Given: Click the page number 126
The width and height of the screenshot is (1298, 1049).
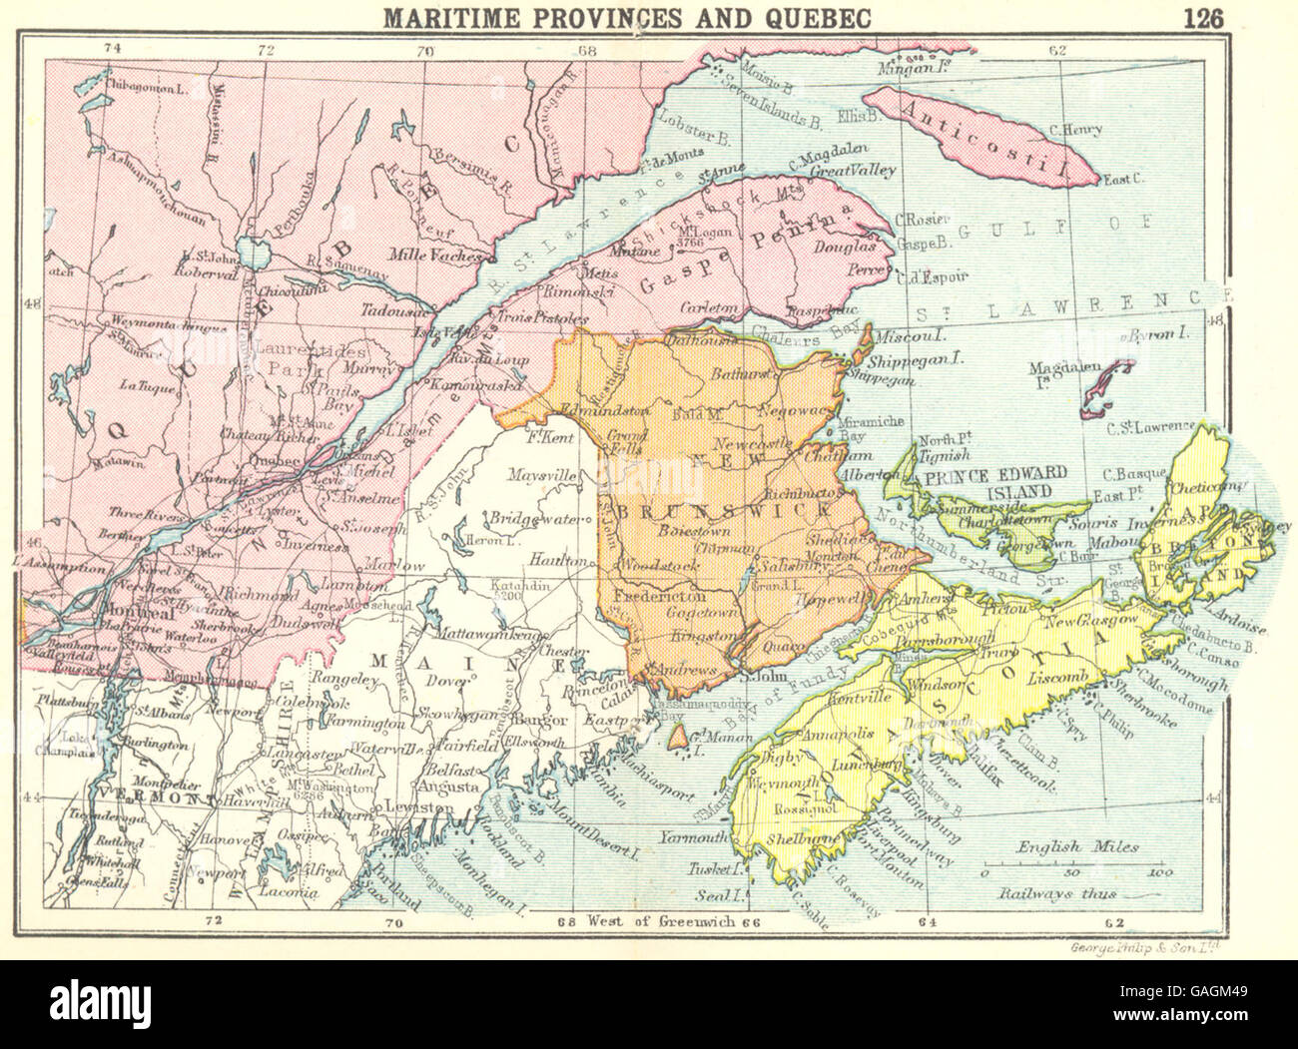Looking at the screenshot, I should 1213,17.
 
